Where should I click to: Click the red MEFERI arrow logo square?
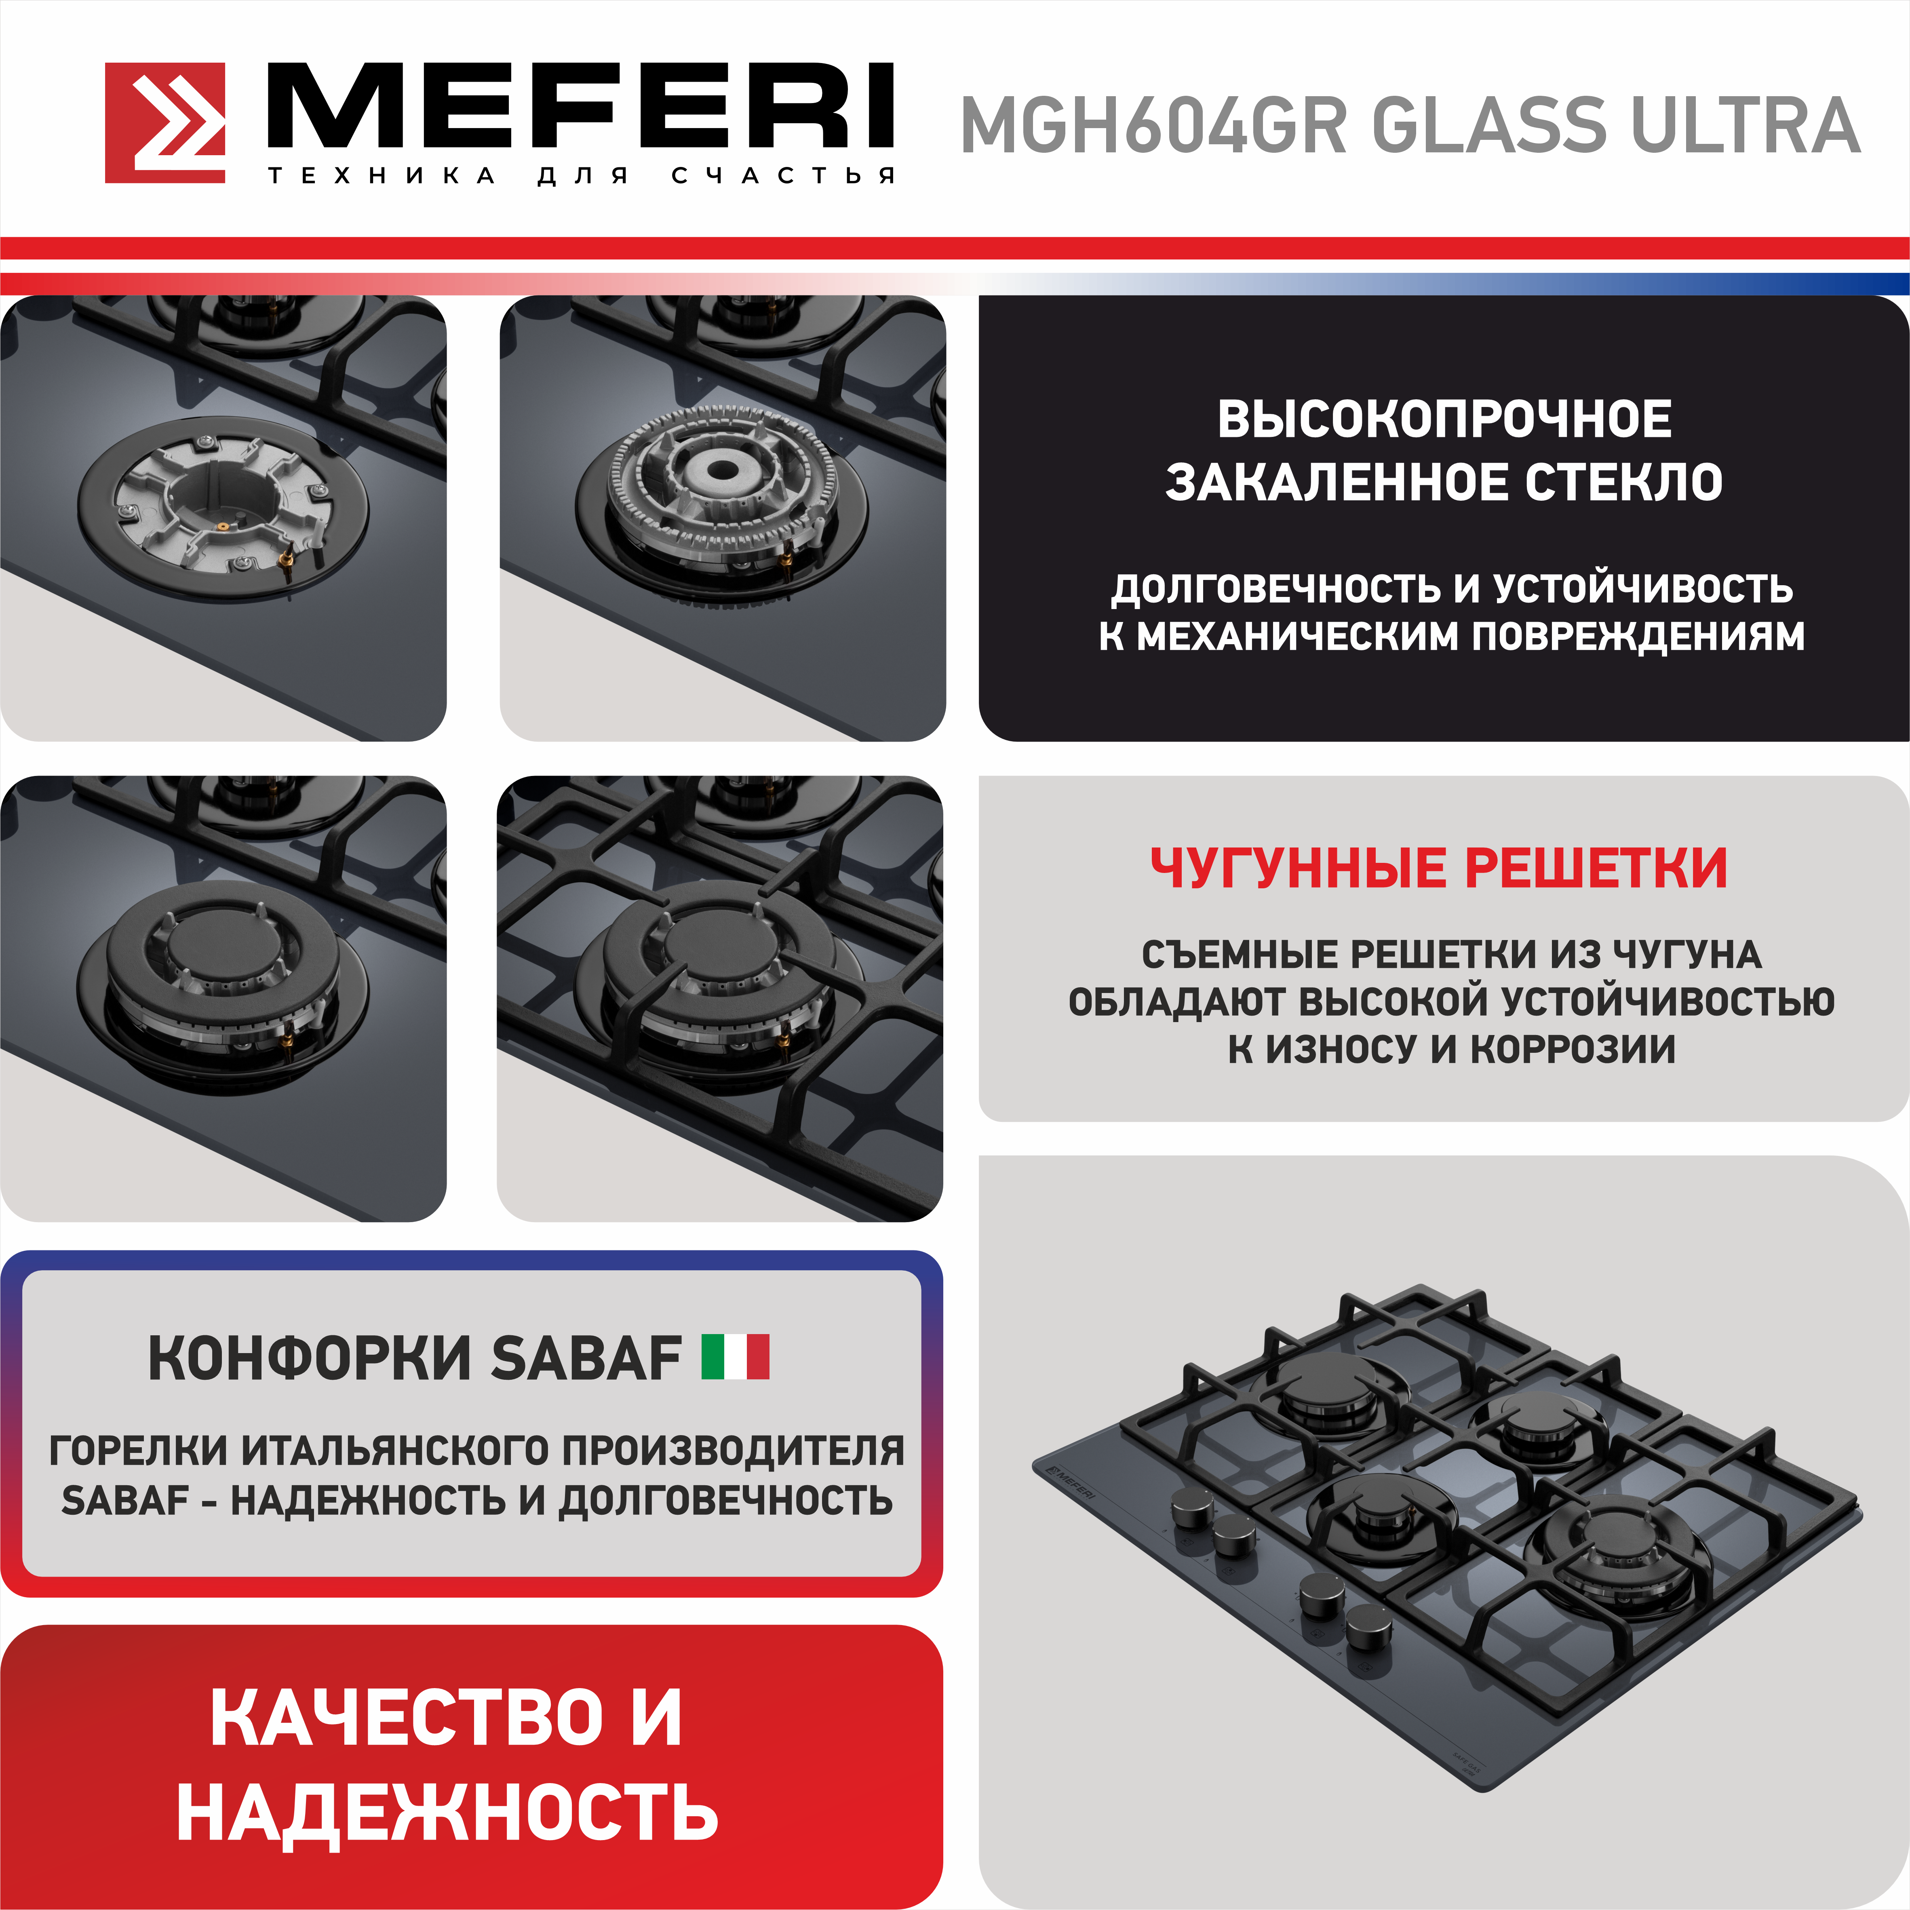pos(165,122)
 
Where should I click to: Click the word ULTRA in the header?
pos(1746,126)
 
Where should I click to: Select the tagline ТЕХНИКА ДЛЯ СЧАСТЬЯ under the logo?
pos(581,176)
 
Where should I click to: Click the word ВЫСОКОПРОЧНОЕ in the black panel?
pos(1444,419)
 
